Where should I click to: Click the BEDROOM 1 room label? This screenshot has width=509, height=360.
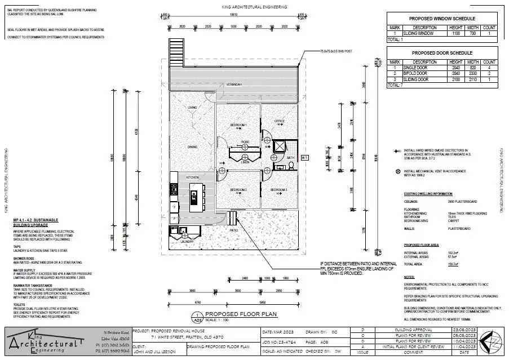(x=238, y=125)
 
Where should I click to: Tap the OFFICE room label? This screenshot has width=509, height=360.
(x=280, y=121)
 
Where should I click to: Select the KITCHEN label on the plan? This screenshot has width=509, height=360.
(x=193, y=177)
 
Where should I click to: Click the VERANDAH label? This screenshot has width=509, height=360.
(x=234, y=84)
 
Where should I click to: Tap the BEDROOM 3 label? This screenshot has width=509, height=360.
(x=279, y=190)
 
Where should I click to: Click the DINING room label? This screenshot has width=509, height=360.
(x=193, y=147)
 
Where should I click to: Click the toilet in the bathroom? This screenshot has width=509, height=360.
(x=289, y=166)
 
